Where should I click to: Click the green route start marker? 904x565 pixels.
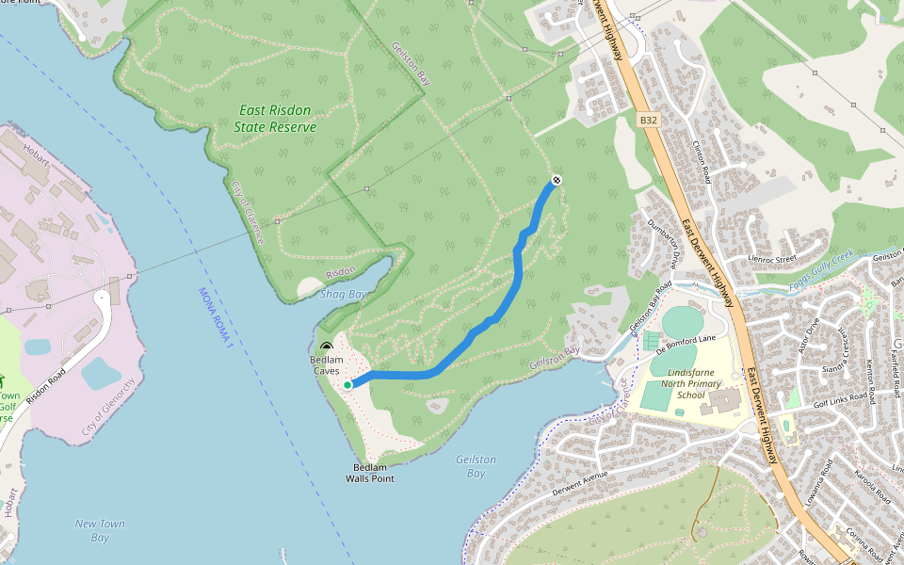(x=347, y=384)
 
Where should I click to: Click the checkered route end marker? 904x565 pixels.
(x=557, y=180)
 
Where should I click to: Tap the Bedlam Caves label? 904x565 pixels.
(x=327, y=365)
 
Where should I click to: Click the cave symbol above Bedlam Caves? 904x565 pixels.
(x=327, y=348)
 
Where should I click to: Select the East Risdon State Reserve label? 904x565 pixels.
(x=275, y=119)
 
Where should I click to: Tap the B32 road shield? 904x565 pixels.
(x=647, y=120)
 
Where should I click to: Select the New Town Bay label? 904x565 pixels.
(x=100, y=530)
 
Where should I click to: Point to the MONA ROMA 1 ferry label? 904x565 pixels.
(x=215, y=315)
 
